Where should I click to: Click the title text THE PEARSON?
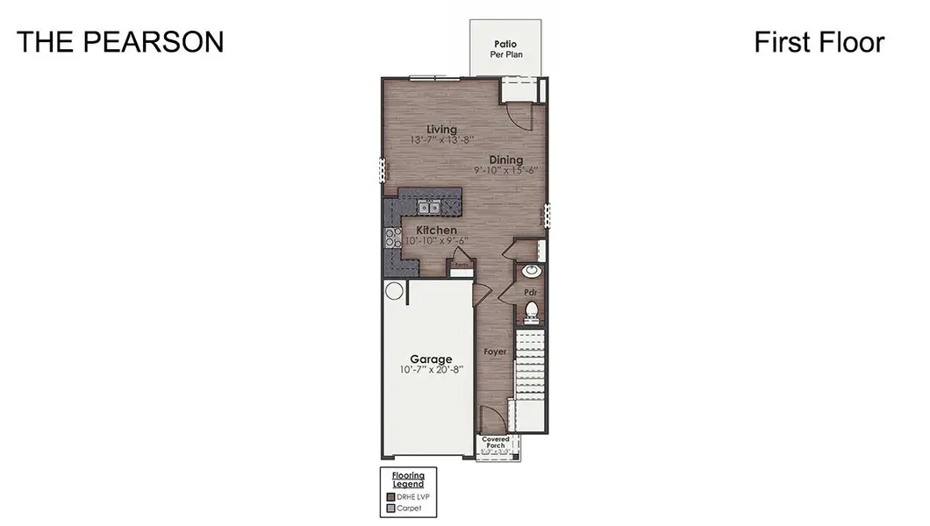pyautogui.click(x=120, y=42)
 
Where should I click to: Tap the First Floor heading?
pyautogui.click(x=819, y=42)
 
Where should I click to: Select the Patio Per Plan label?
pyautogui.click(x=505, y=47)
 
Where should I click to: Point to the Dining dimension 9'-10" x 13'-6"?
pyautogui.click(x=506, y=170)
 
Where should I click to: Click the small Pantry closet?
pyautogui.click(x=461, y=263)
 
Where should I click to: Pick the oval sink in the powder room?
pyautogui.click(x=531, y=271)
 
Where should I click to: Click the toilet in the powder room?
pyautogui.click(x=531, y=310)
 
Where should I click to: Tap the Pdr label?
pyautogui.click(x=530, y=291)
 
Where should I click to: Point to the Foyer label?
pyautogui.click(x=496, y=352)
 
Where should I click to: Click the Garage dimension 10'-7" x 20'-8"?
pyautogui.click(x=429, y=370)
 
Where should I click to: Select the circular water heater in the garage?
pyautogui.click(x=393, y=291)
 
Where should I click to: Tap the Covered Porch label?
pyautogui.click(x=496, y=442)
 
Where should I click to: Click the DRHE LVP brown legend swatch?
pyautogui.click(x=390, y=496)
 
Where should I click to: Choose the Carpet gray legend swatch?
pyautogui.click(x=390, y=508)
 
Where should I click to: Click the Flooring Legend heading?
pyautogui.click(x=408, y=480)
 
